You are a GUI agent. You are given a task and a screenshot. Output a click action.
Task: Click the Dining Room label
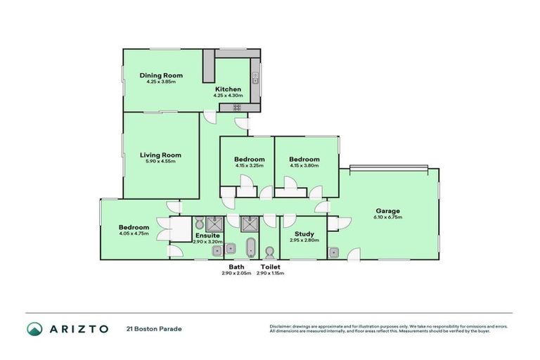coord(161,75)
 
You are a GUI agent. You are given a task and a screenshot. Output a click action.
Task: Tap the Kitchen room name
coord(228,89)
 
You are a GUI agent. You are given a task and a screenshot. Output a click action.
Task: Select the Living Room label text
coord(160,155)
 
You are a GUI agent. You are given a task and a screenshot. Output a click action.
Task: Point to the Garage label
coord(387,211)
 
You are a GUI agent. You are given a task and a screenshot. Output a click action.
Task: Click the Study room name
coord(304,233)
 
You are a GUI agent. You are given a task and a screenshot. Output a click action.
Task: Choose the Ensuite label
coord(207,235)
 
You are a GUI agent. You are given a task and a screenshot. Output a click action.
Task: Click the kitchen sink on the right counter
coord(257,78)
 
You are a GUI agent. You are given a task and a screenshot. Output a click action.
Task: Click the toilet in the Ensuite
coord(199,221)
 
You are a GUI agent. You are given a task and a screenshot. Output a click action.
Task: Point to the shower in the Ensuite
coord(217,224)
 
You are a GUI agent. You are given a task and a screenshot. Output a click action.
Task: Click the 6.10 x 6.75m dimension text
coord(387,218)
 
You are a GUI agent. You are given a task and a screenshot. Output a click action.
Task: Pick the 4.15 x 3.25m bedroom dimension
coord(249,166)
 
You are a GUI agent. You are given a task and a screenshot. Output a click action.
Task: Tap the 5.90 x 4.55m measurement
coord(160,162)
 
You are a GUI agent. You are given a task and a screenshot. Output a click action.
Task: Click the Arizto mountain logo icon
coord(34,328)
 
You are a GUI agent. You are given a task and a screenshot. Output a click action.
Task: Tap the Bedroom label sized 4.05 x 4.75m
coord(134,227)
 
